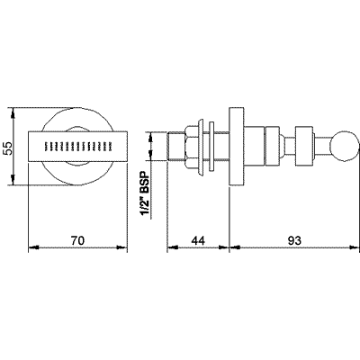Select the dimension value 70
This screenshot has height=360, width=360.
tap(77, 240)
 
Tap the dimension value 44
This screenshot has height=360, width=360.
tap(198, 240)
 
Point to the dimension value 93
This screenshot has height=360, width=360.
tap(294, 240)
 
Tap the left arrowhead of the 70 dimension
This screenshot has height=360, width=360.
tap(33, 247)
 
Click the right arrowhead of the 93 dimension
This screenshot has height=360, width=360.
tap(354, 247)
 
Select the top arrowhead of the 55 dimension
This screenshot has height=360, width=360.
tap(13, 112)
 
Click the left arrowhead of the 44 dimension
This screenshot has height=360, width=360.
tap(173, 247)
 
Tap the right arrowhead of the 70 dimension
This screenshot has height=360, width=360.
tap(121, 247)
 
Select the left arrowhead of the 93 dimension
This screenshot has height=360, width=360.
tap(235, 247)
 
